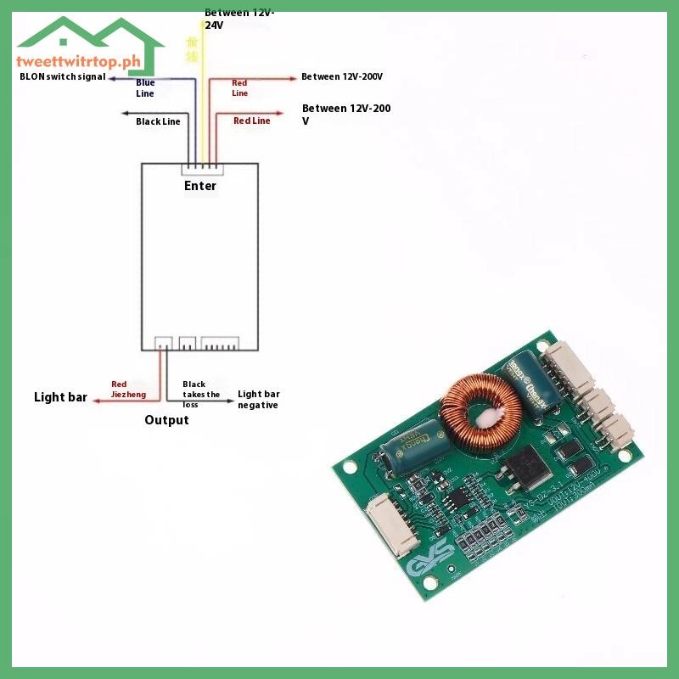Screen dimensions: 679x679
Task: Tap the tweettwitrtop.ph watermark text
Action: tap(77, 61)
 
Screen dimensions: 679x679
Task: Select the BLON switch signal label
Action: tap(63, 76)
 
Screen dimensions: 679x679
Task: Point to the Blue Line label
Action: tap(145, 87)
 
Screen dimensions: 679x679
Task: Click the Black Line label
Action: tap(158, 121)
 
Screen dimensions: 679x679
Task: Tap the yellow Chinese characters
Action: tap(193, 49)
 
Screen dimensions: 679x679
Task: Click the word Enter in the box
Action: tap(200, 186)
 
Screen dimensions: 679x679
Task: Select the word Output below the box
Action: tap(166, 420)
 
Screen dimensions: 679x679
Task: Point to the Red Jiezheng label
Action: tap(128, 390)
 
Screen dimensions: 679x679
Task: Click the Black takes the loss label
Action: tap(201, 395)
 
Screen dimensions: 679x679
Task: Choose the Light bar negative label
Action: tap(258, 399)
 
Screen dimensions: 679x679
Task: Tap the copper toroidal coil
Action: tap(480, 412)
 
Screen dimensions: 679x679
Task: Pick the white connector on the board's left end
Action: tap(386, 527)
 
